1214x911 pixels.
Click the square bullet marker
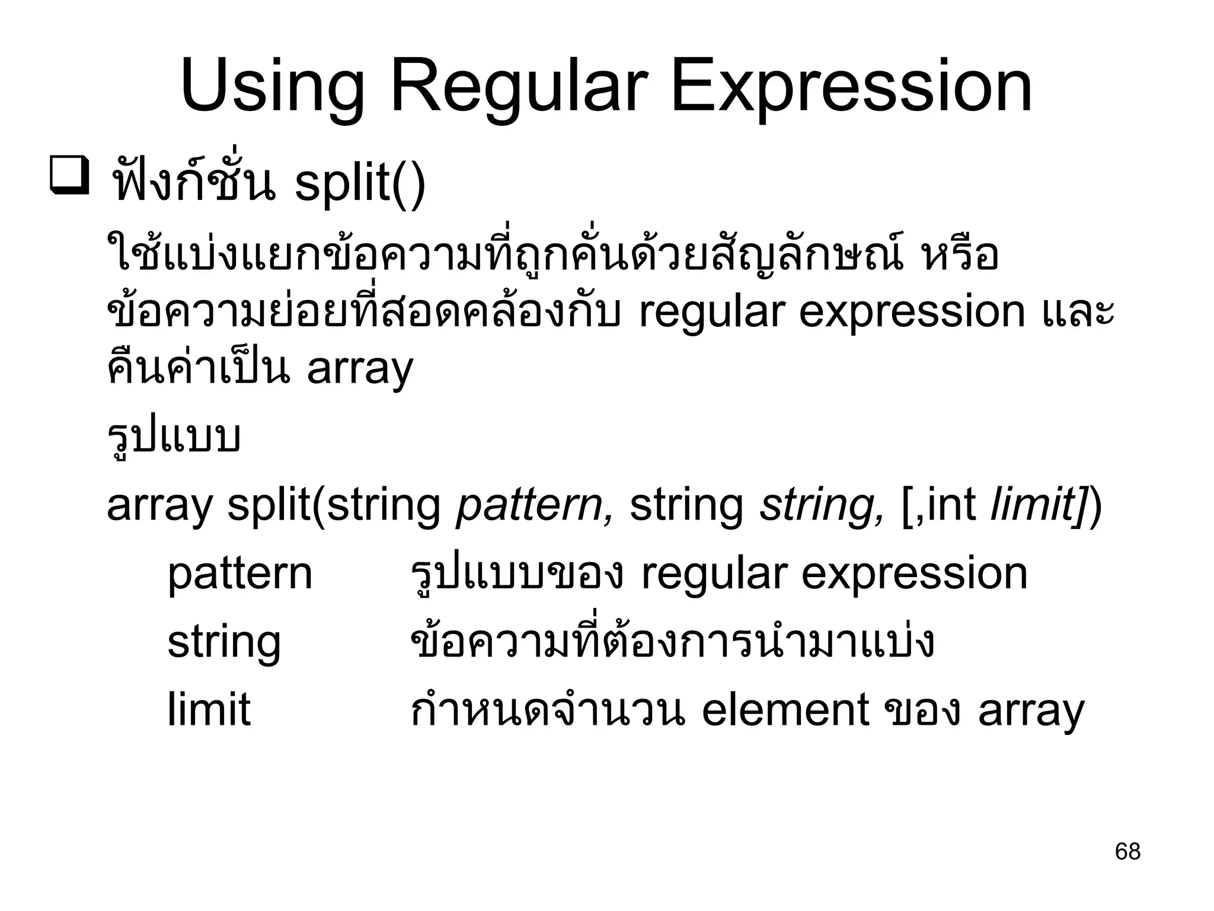(x=70, y=175)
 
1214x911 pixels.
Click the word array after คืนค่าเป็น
(x=360, y=370)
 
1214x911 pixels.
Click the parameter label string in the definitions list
(x=223, y=642)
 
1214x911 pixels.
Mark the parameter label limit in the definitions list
(x=209, y=709)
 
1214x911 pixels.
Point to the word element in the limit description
(x=785, y=709)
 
